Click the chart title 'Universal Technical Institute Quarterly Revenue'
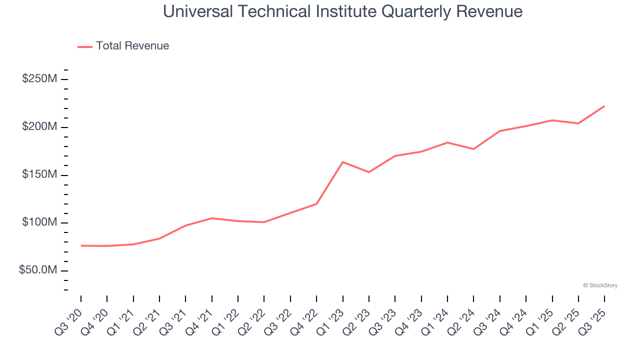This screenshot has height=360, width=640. (x=342, y=11)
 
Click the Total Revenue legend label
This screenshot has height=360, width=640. (x=132, y=46)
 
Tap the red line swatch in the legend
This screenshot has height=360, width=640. (x=85, y=46)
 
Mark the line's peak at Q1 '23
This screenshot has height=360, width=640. (x=342, y=162)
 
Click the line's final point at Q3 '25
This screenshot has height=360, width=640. (x=604, y=106)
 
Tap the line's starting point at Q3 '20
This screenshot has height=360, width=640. (x=81, y=245)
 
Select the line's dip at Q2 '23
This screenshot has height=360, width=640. (x=369, y=172)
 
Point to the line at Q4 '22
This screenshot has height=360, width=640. (x=316, y=203)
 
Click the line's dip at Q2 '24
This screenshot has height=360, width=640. (x=473, y=149)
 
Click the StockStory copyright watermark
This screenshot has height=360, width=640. (x=600, y=285)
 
